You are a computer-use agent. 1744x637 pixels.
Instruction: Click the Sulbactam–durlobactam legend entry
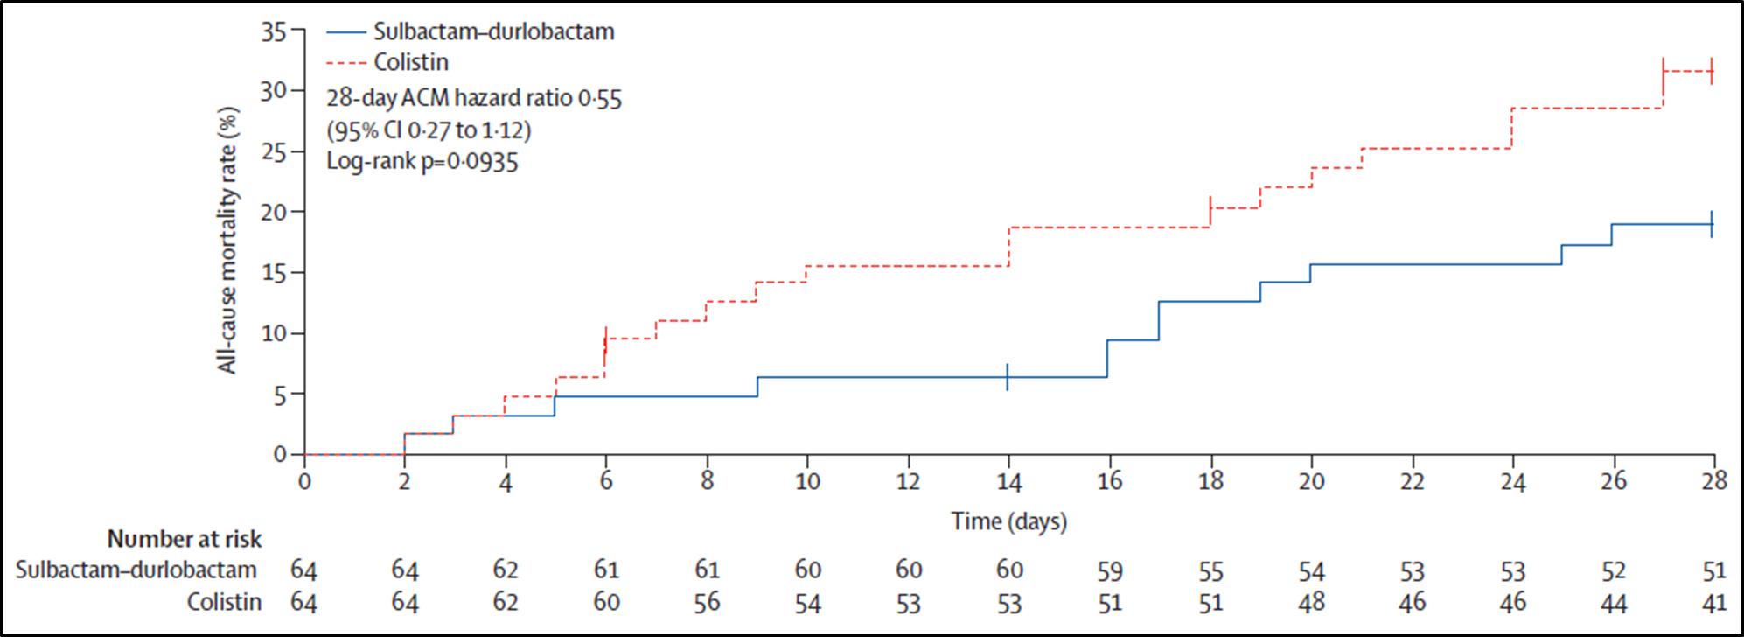471,31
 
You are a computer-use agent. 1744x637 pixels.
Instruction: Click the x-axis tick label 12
909,481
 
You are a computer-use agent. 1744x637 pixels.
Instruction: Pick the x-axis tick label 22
1413,481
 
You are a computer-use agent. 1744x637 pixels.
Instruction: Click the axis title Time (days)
1009,522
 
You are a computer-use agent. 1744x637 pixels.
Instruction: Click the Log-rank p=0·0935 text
422,163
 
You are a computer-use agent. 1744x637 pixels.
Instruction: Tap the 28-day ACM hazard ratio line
474,98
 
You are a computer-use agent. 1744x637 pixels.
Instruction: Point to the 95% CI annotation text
429,130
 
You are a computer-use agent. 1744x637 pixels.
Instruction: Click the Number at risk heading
184,539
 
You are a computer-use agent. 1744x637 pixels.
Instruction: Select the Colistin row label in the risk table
224,603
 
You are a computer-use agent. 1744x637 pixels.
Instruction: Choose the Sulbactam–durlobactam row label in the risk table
136,570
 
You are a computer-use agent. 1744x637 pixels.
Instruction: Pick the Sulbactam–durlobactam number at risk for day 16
1110,570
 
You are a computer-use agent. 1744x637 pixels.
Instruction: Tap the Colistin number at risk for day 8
707,603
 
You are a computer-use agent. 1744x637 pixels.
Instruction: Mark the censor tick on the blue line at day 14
1008,377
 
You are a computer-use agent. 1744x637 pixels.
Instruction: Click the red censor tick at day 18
1210,210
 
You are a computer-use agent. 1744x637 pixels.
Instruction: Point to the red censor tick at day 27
1663,72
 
